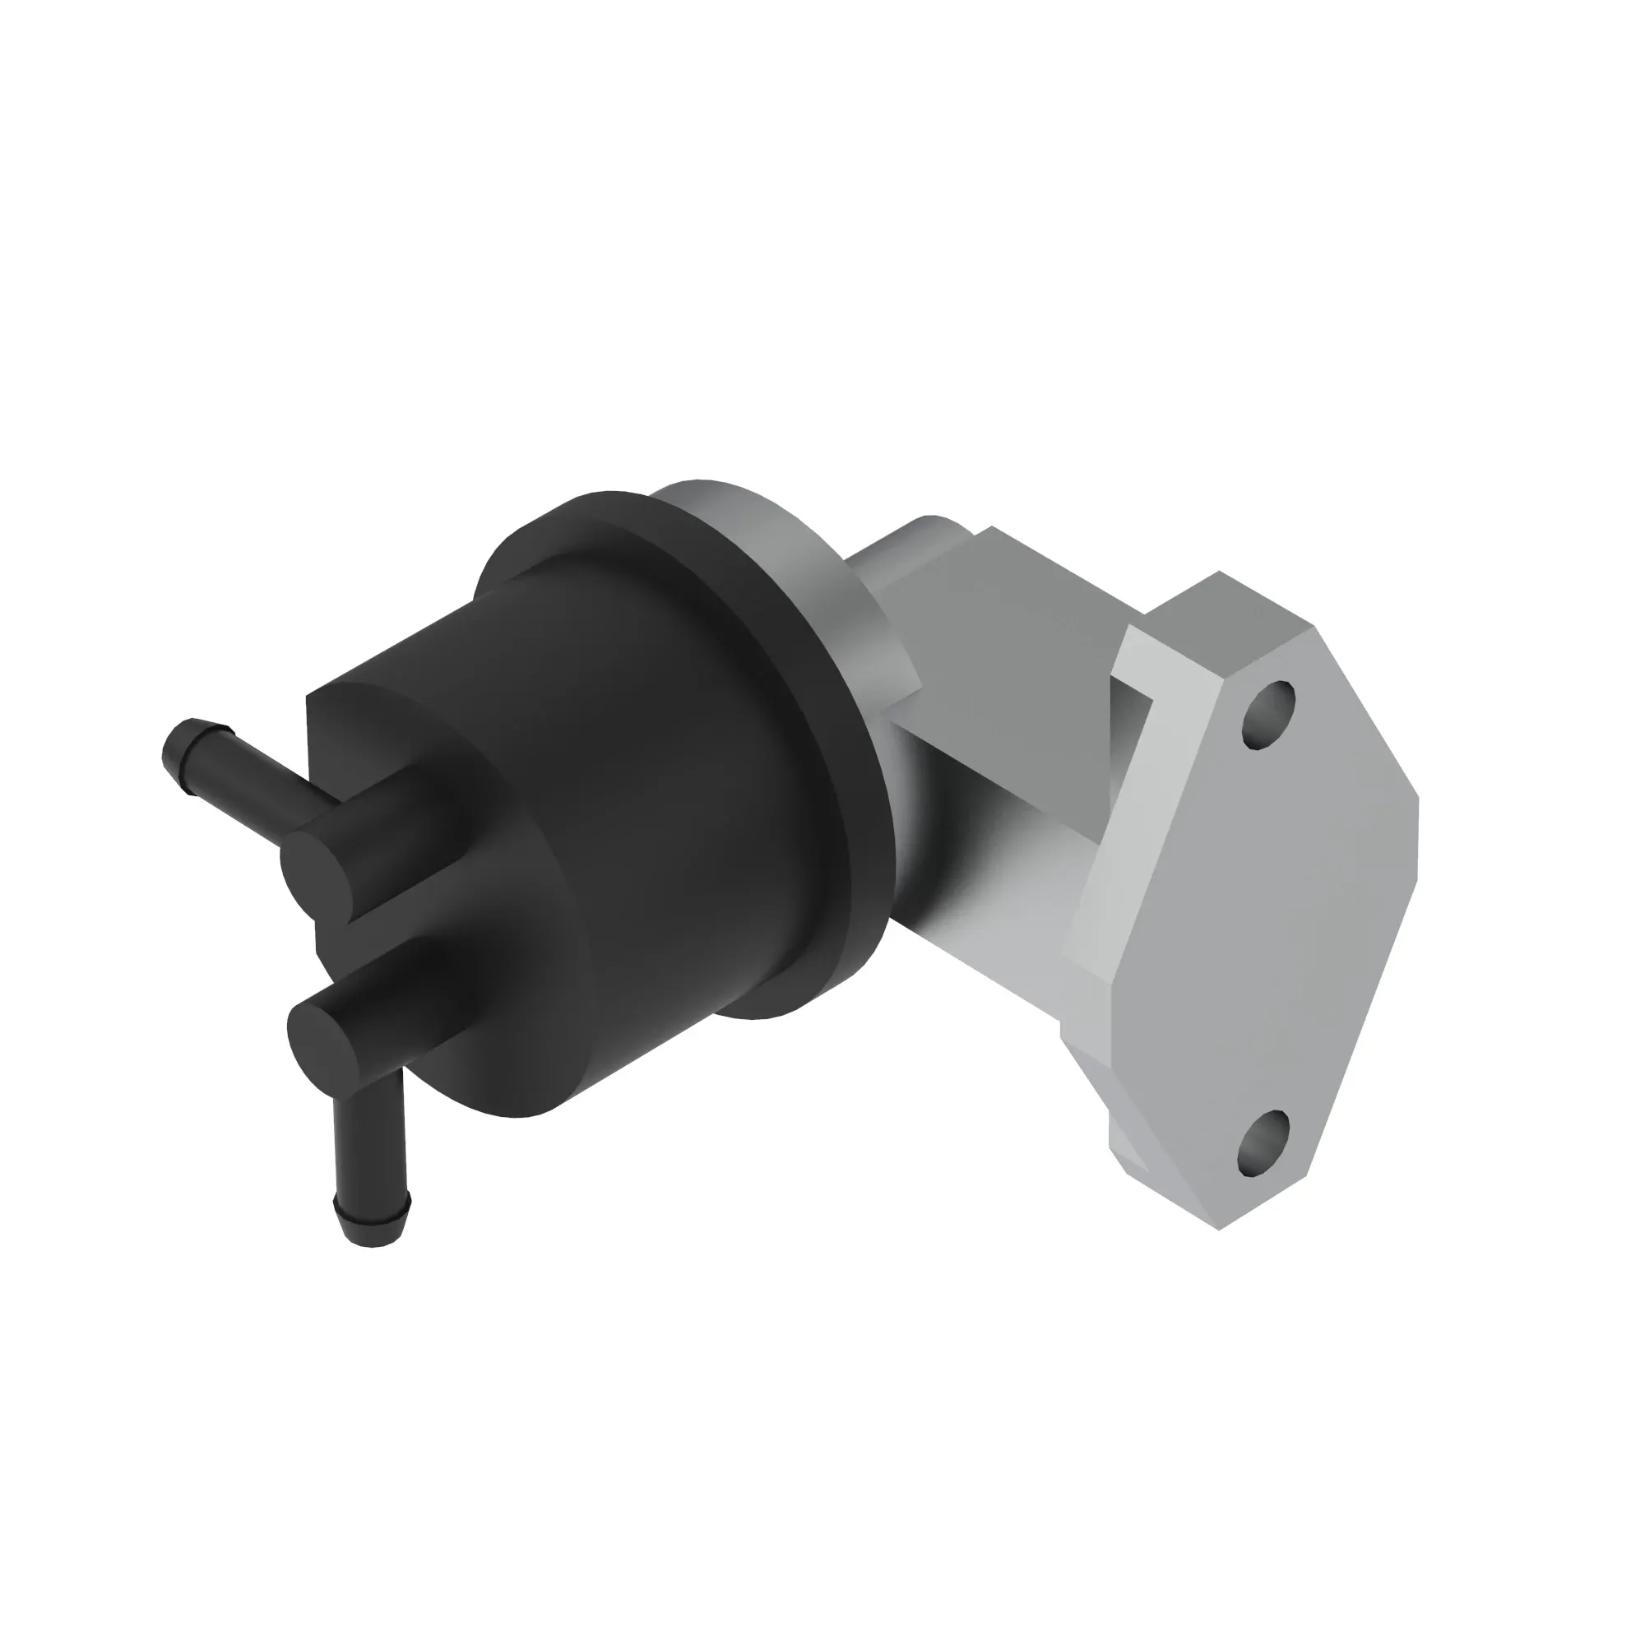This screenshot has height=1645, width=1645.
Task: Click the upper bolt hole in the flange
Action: (x=1268, y=716)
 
